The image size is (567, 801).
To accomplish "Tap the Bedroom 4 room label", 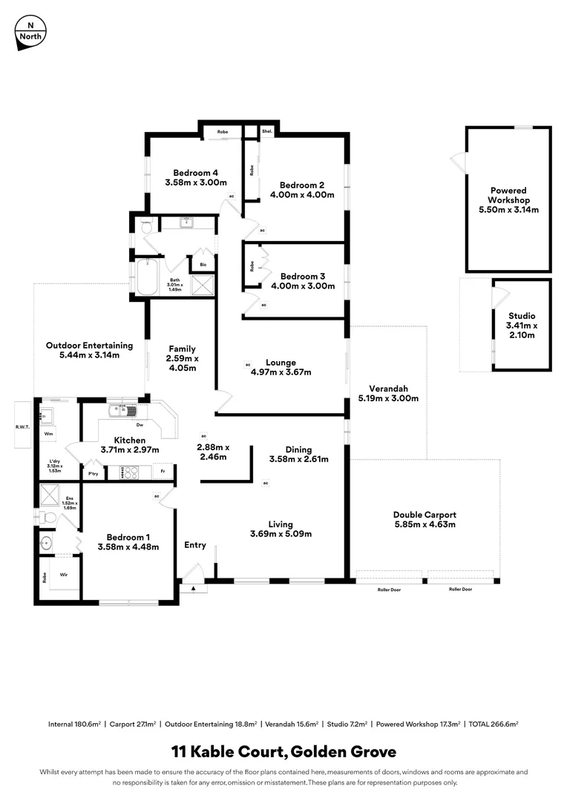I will (x=195, y=172).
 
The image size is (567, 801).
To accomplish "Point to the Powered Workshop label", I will (x=508, y=195).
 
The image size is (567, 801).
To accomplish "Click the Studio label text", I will (x=522, y=316).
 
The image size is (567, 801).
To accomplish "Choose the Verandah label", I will (x=389, y=388).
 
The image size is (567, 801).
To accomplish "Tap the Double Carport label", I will (x=425, y=514).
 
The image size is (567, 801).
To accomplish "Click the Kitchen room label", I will (x=131, y=439).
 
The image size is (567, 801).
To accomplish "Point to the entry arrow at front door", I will (x=194, y=588).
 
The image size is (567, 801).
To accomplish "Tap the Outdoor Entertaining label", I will (x=89, y=345).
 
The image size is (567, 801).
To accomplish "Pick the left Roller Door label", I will (x=385, y=589).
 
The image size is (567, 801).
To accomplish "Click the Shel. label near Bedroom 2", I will (x=267, y=131).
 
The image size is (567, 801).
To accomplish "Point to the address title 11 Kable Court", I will (x=228, y=752).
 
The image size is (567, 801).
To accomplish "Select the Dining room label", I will (x=298, y=449).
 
